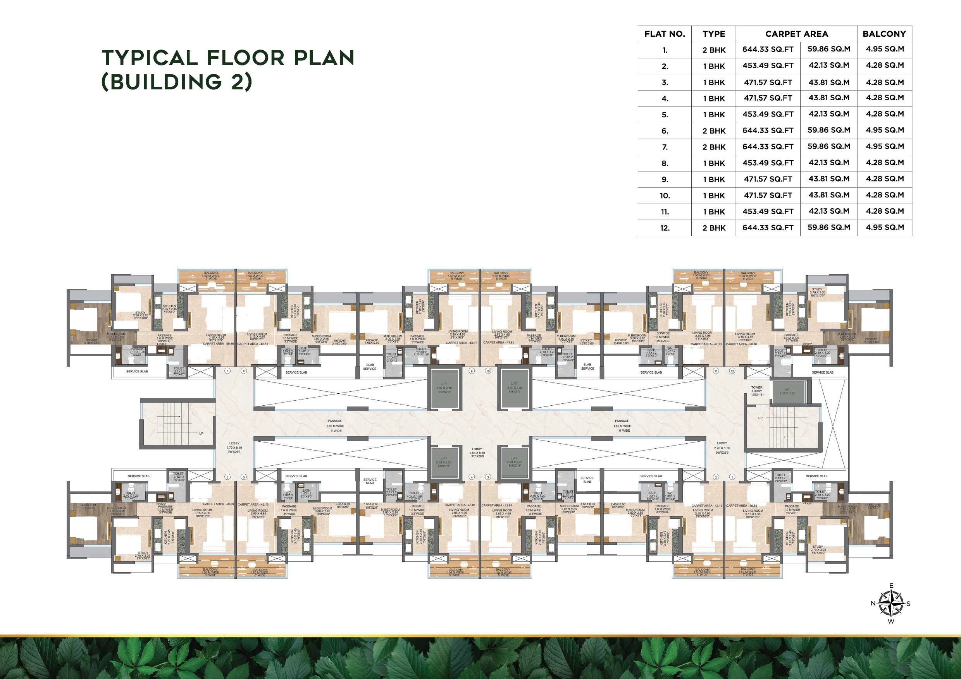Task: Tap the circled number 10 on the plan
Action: coord(487,371)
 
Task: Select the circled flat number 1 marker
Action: coord(732,477)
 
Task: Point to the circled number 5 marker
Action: coord(244,477)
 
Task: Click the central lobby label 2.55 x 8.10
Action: coord(477,453)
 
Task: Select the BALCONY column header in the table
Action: coord(884,34)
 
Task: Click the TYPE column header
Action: coord(714,34)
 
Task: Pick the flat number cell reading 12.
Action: coord(665,228)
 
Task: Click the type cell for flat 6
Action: coord(714,131)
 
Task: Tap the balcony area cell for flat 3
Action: coord(884,82)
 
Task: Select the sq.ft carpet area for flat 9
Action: coord(768,179)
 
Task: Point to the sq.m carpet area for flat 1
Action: coord(828,49)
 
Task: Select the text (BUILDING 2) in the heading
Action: coord(177,82)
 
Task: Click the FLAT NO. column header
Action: coord(665,34)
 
